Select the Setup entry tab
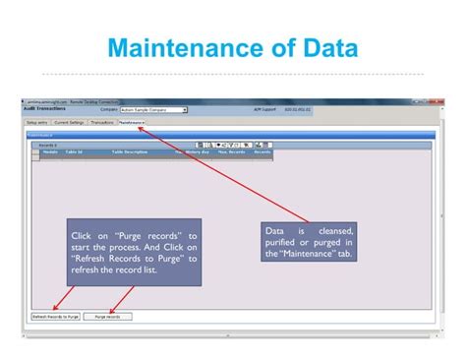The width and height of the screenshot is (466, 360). click(x=37, y=122)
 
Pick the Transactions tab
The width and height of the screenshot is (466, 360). click(x=102, y=122)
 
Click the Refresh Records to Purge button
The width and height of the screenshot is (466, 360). click(x=55, y=317)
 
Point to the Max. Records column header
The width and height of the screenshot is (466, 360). click(x=231, y=152)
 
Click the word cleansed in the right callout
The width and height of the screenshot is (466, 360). click(x=334, y=231)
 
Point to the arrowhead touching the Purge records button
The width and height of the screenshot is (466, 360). click(x=109, y=310)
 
